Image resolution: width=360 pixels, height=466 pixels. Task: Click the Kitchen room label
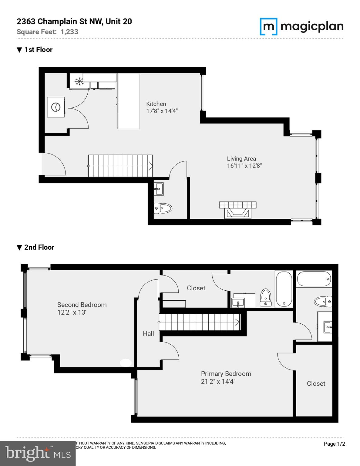156,104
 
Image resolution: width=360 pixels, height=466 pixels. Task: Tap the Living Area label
241,159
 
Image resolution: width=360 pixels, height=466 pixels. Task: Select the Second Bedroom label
82,305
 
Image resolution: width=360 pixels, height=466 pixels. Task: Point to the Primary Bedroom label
226,374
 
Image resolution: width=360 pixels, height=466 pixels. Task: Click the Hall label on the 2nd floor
148,334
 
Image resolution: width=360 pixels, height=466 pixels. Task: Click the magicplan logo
301,27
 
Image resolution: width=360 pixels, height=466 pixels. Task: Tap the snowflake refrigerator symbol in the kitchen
79,81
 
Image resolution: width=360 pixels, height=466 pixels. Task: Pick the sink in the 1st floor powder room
158,189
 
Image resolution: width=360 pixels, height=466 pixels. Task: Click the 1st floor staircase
120,166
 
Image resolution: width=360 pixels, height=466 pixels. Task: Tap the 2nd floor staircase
200,322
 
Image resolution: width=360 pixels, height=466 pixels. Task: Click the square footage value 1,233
69,32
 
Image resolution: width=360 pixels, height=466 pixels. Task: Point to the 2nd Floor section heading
39,247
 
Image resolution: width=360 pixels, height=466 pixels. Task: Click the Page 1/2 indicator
334,444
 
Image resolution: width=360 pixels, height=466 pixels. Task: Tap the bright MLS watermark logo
38,454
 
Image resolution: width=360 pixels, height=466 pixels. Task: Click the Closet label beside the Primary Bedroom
316,384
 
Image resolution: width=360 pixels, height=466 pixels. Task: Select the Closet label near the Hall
196,288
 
